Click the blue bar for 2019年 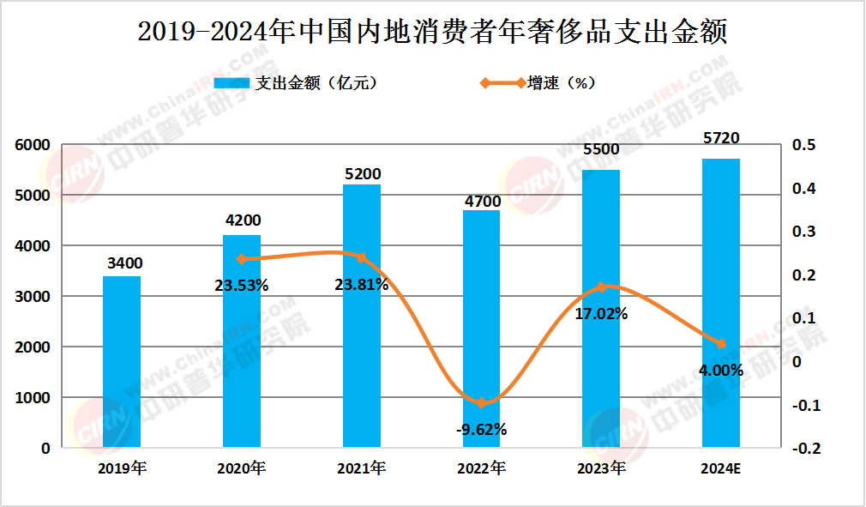coord(122,362)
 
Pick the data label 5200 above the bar coord(362,174)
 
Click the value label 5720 coord(721,138)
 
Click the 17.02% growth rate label coord(601,314)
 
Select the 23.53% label coord(242,285)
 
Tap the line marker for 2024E coord(721,344)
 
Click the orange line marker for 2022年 coord(481,402)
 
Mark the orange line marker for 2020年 coord(242,258)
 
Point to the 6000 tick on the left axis coord(33,146)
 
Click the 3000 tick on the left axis coord(33,297)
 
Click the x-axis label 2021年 coord(362,468)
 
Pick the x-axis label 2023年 coord(601,468)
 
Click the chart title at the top coord(432,32)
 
